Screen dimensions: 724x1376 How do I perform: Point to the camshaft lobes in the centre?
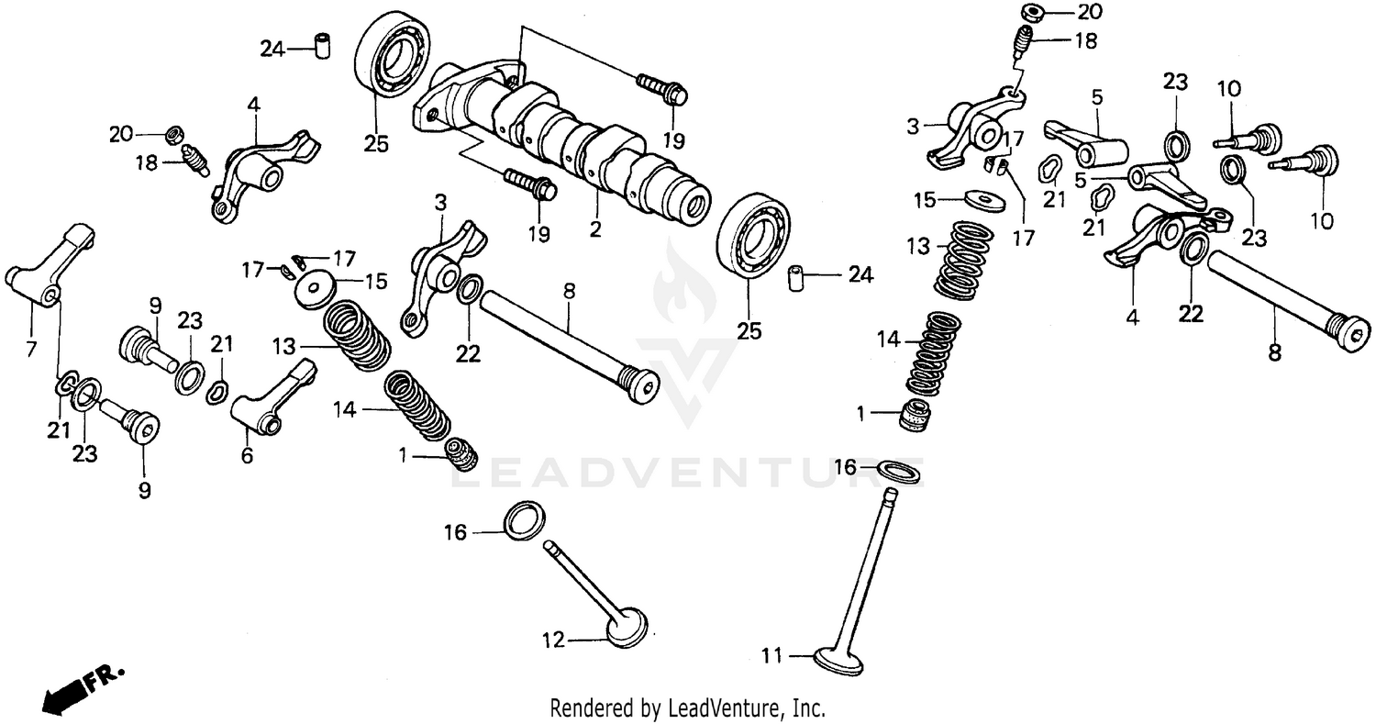coord(569,138)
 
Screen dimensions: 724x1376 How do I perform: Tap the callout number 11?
coord(773,655)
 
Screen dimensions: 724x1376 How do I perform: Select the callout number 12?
coord(553,641)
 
